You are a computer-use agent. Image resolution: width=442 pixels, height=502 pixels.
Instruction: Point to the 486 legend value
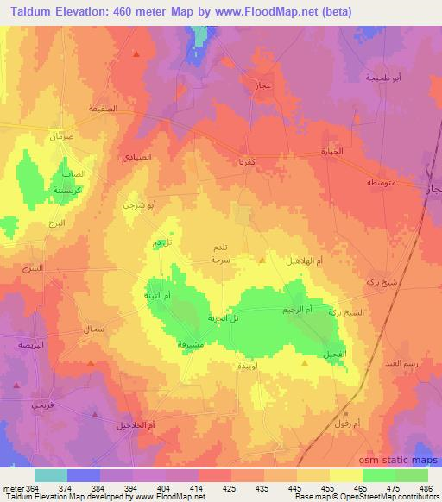(424, 488)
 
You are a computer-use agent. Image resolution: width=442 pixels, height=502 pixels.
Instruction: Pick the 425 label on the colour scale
(227, 488)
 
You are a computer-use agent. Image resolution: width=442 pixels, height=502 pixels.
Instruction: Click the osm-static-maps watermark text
(403, 459)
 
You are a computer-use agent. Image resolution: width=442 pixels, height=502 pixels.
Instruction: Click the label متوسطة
(381, 184)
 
